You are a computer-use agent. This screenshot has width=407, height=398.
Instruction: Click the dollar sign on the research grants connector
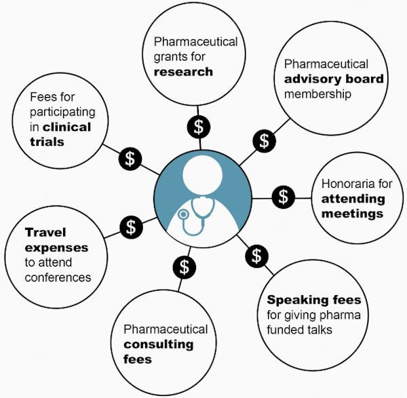click(x=198, y=125)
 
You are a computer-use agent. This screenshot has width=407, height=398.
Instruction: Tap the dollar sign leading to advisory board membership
click(x=265, y=140)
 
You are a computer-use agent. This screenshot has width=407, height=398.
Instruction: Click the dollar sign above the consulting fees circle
click(x=182, y=266)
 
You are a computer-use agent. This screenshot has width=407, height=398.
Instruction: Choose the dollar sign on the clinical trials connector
click(x=130, y=159)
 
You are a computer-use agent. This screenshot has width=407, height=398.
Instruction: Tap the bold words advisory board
click(x=334, y=79)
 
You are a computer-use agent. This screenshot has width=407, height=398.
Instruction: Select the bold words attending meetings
click(x=352, y=207)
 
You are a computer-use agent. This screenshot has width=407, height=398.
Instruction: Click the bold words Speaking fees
click(x=313, y=300)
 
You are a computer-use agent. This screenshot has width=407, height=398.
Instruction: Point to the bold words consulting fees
click(x=158, y=351)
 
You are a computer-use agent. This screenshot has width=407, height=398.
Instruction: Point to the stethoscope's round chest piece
click(x=182, y=214)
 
